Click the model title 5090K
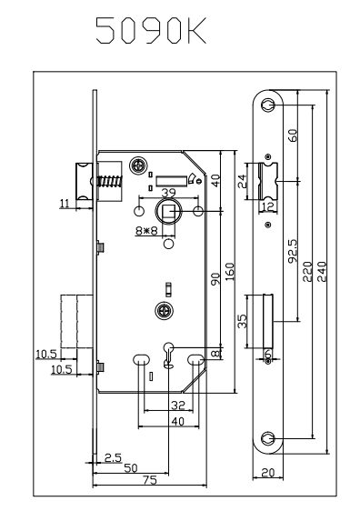(x=151, y=31)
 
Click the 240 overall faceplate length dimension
(x=322, y=272)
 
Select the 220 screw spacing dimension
(x=308, y=272)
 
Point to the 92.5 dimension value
(x=294, y=251)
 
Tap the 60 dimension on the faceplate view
(x=293, y=135)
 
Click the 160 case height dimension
(x=229, y=272)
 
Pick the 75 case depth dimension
(x=149, y=480)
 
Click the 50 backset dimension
(x=131, y=468)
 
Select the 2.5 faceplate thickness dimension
(x=114, y=457)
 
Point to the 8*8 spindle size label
(x=146, y=230)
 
